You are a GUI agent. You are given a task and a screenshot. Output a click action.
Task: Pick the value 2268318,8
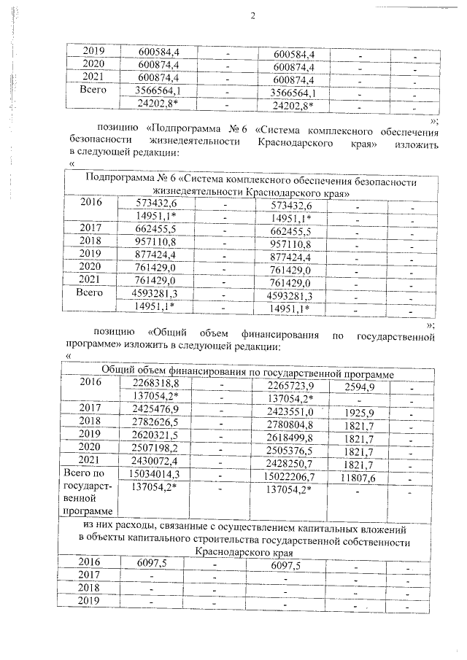pos(155,384)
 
